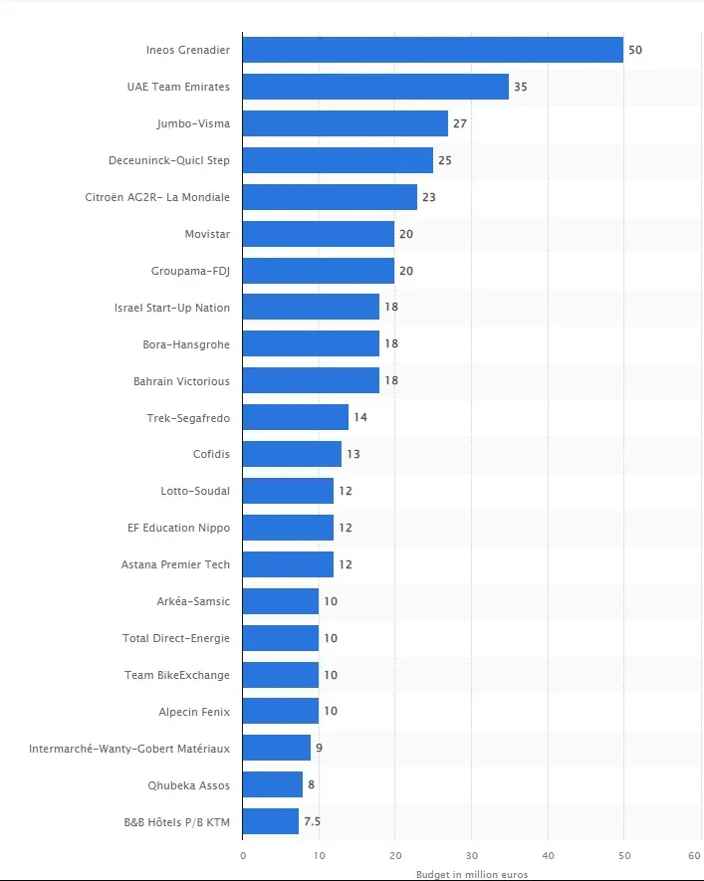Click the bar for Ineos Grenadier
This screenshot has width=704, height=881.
pyautogui.click(x=432, y=50)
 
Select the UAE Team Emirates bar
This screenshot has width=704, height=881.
pyautogui.click(x=375, y=87)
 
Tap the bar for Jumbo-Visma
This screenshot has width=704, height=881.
pyautogui.click(x=345, y=123)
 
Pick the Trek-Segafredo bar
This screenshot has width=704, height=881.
pyautogui.click(x=296, y=417)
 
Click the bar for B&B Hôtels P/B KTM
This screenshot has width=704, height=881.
pyautogui.click(x=271, y=822)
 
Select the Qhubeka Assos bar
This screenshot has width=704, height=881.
pyautogui.click(x=273, y=785)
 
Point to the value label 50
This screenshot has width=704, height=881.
pyautogui.click(x=635, y=50)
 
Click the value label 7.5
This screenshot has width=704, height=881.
pyautogui.click(x=313, y=822)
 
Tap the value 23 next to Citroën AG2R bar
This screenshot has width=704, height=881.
pyautogui.click(x=429, y=197)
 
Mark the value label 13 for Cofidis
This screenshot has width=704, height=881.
pyautogui.click(x=352, y=454)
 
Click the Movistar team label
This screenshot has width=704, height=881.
pyautogui.click(x=207, y=234)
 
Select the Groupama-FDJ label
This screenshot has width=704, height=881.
pyautogui.click(x=190, y=271)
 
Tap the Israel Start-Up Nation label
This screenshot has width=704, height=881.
pyautogui.click(x=172, y=308)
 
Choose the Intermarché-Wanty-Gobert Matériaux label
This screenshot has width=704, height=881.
pyautogui.click(x=129, y=749)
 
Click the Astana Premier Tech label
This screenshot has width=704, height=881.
pyautogui.click(x=175, y=564)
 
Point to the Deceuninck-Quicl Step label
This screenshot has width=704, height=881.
pyautogui.click(x=169, y=160)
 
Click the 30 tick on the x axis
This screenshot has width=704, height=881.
pyautogui.click(x=471, y=855)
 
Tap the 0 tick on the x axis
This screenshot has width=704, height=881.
pyautogui.click(x=243, y=855)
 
